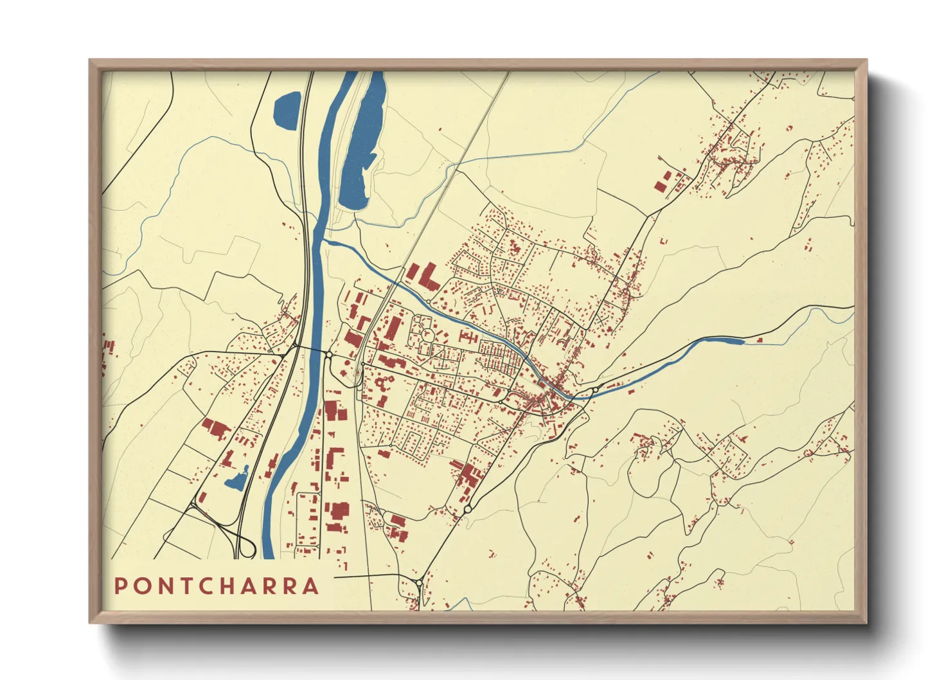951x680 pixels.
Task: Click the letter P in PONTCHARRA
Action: click(121, 586)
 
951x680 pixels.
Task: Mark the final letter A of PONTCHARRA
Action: click(312, 586)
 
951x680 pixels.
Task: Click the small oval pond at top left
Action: click(287, 110)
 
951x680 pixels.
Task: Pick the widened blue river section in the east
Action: click(723, 341)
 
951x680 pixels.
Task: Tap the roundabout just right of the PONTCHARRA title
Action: click(419, 583)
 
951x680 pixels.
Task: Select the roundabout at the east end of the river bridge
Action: click(595, 390)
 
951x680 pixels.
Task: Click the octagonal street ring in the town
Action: click(426, 334)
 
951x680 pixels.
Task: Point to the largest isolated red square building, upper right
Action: click(660, 186)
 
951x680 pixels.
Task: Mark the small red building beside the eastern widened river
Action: click(760, 339)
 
